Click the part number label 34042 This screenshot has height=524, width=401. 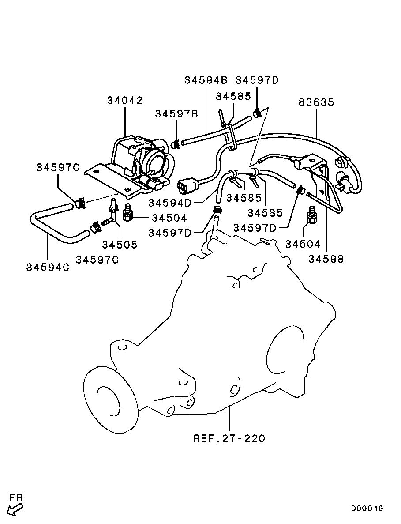coord(125,101)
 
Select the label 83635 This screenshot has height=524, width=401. coord(316,102)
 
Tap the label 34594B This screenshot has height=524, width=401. coord(206,80)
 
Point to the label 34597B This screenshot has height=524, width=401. coord(176,114)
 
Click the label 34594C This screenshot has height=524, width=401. coord(48,268)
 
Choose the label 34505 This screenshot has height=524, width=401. coord(120,245)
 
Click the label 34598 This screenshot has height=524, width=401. coord(326,259)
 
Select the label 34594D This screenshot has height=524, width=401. coord(170,203)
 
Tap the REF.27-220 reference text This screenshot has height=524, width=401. coord(229,438)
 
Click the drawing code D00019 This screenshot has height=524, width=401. coord(367,509)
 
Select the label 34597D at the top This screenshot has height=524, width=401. coord(257,80)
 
